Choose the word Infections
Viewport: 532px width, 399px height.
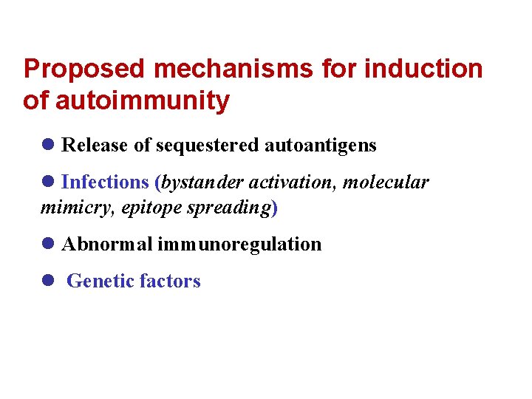coord(104,183)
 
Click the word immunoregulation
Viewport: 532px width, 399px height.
coord(239,245)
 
